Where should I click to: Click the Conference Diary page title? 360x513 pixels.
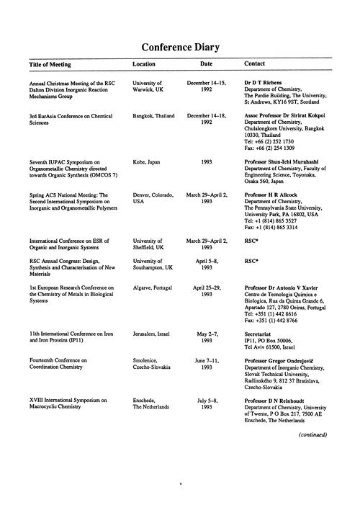[180, 48]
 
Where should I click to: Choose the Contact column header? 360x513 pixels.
[256, 64]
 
